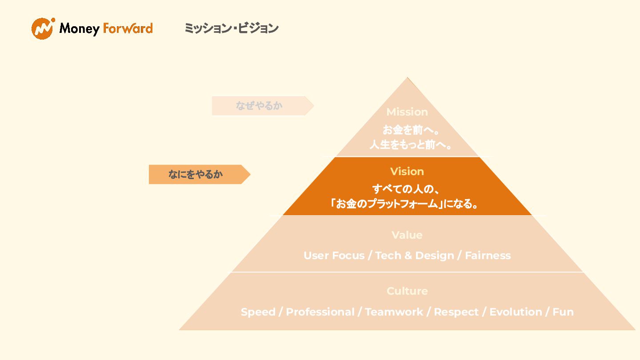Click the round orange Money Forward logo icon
pyautogui.click(x=43, y=28)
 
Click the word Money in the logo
pyautogui.click(x=79, y=29)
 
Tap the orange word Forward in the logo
pyautogui.click(x=128, y=29)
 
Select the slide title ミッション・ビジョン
pyautogui.click(x=231, y=28)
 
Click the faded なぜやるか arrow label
pyautogui.click(x=260, y=106)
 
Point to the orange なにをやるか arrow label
pyautogui.click(x=196, y=174)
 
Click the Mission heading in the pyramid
pyautogui.click(x=407, y=112)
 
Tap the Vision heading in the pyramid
pyautogui.click(x=407, y=172)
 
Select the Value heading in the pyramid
pyautogui.click(x=407, y=235)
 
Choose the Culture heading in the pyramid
pyautogui.click(x=407, y=291)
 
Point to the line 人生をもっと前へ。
pyautogui.click(x=411, y=145)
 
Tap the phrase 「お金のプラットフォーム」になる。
pyautogui.click(x=404, y=204)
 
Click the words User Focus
pyautogui.click(x=334, y=256)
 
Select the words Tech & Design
pyautogui.click(x=415, y=256)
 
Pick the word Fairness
pyautogui.click(x=488, y=256)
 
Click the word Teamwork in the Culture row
pyautogui.click(x=394, y=312)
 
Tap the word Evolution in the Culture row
pyautogui.click(x=516, y=312)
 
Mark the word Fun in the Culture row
pyautogui.click(x=563, y=312)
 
